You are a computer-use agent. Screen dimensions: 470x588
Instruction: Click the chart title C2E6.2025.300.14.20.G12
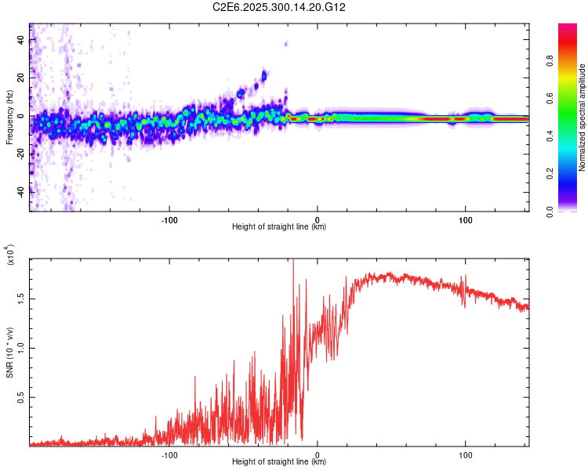(x=279, y=7)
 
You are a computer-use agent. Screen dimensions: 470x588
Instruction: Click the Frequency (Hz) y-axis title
(x=10, y=117)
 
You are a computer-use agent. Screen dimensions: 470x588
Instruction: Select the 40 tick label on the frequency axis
(x=20, y=40)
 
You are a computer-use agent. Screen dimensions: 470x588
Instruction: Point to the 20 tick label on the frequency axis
(x=20, y=78)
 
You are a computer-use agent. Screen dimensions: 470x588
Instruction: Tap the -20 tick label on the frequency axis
(x=20, y=154)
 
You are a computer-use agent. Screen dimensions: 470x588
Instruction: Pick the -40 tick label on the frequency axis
(x=20, y=192)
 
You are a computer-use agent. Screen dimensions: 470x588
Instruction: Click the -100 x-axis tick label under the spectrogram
(x=169, y=219)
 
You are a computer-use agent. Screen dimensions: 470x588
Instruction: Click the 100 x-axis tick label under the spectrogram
(x=466, y=219)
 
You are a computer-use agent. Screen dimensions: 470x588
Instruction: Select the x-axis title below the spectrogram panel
(x=279, y=227)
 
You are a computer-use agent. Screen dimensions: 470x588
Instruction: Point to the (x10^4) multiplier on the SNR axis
(x=10, y=255)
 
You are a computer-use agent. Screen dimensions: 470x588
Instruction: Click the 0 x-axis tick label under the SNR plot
(x=318, y=454)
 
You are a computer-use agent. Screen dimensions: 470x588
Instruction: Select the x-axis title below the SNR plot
(x=279, y=462)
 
